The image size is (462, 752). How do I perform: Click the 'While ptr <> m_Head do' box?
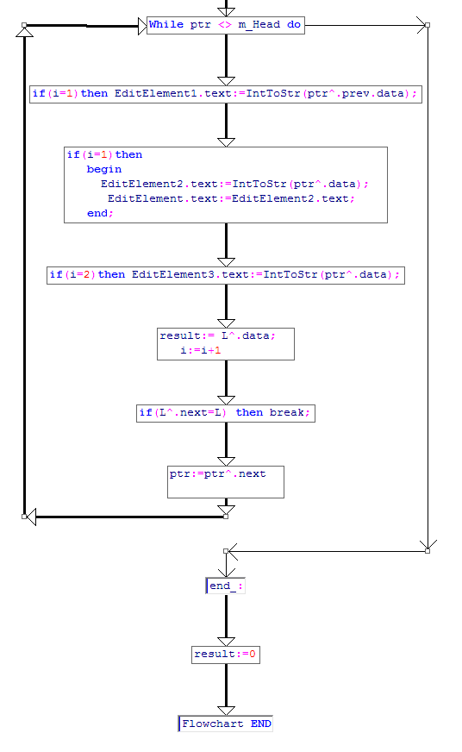pyautogui.click(x=226, y=25)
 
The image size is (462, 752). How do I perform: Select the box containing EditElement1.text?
pyautogui.click(x=226, y=94)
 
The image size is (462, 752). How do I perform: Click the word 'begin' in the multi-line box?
pyautogui.click(x=104, y=169)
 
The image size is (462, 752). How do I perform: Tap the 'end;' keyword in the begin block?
pyautogui.click(x=100, y=213)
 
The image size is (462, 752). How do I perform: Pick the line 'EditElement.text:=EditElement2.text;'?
pyautogui.click(x=231, y=198)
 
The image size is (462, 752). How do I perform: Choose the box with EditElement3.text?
pyautogui.click(x=226, y=275)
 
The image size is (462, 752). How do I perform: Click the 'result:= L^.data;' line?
pyautogui.click(x=217, y=336)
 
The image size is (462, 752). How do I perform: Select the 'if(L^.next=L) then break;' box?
pyautogui.click(x=226, y=413)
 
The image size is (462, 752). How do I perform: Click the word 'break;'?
pyautogui.click(x=290, y=413)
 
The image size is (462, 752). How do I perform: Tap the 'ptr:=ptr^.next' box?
pyautogui.click(x=226, y=482)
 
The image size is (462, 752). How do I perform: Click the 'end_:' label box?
pyautogui.click(x=225, y=586)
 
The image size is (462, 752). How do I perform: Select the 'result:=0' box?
pyautogui.click(x=226, y=655)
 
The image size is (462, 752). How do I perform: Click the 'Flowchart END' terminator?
pyautogui.click(x=225, y=724)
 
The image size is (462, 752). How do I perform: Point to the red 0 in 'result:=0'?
pyautogui.click(x=253, y=655)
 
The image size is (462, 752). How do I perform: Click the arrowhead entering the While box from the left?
pyautogui.click(x=142, y=26)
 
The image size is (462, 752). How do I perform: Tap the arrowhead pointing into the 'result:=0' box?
pyautogui.click(x=226, y=642)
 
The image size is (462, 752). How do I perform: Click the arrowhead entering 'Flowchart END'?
pyautogui.click(x=226, y=711)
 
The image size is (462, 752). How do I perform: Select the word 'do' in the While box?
pyautogui.click(x=294, y=24)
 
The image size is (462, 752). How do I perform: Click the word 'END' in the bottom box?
pyautogui.click(x=260, y=724)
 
